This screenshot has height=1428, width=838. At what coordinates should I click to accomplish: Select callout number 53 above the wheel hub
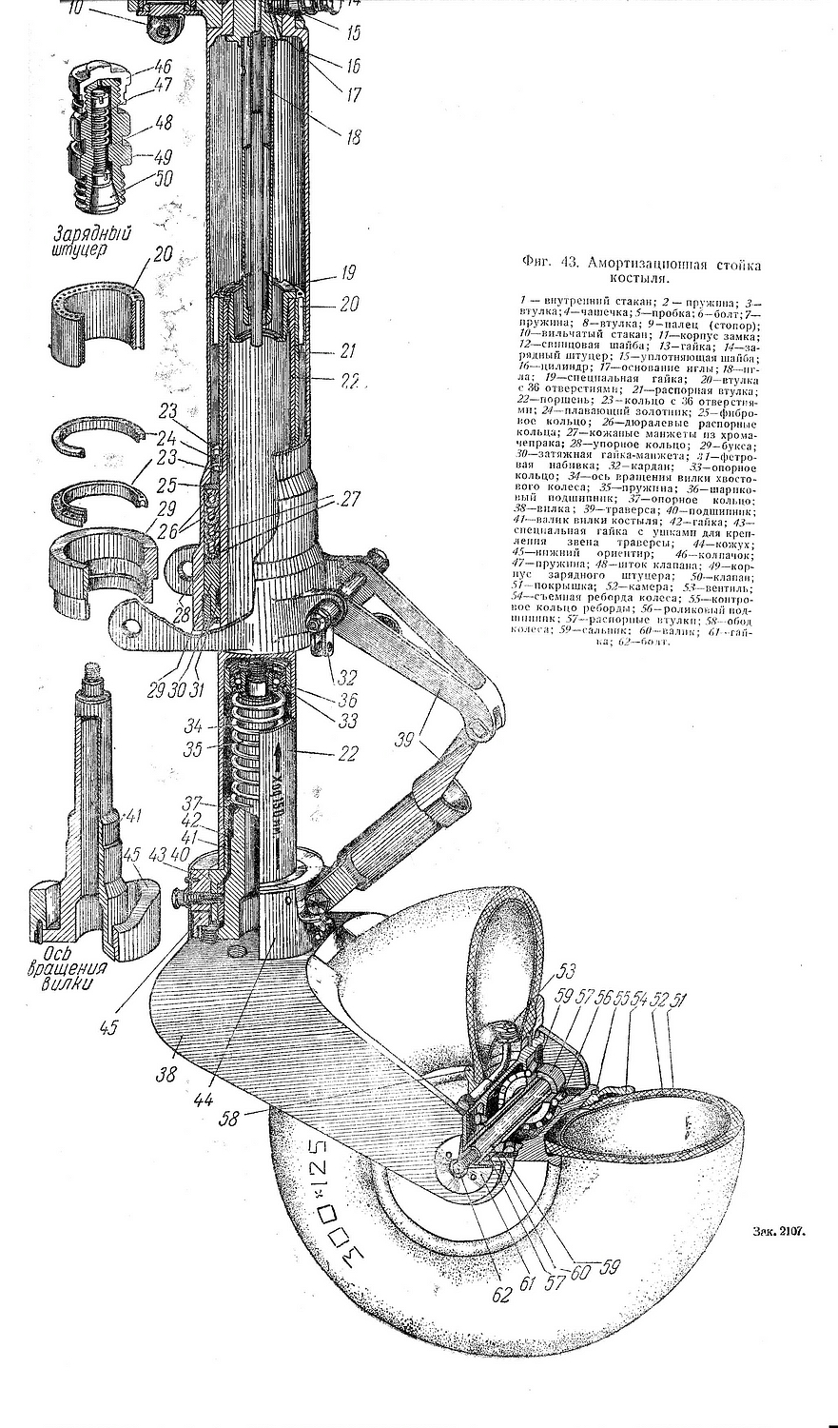click(567, 972)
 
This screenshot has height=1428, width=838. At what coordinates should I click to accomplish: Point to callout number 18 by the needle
click(353, 137)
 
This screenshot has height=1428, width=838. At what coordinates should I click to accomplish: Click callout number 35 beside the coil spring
click(194, 749)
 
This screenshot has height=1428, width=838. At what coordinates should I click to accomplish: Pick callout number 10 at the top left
click(76, 10)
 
